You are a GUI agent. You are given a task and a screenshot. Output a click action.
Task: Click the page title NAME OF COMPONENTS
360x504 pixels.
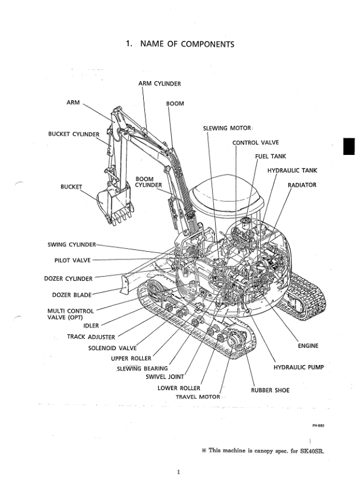[179, 44]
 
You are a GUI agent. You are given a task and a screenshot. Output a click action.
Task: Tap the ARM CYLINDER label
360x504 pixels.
[160, 84]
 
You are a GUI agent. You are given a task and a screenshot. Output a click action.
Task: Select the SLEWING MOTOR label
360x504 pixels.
[227, 128]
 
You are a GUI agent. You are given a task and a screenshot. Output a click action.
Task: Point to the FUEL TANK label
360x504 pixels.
[270, 157]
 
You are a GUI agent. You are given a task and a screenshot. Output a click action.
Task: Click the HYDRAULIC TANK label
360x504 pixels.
[292, 170]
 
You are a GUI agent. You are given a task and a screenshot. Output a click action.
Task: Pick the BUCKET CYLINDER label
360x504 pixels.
[74, 134]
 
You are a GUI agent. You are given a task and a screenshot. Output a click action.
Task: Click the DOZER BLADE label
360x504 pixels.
[69, 294]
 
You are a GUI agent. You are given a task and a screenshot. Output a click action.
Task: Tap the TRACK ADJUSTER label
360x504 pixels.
[91, 337]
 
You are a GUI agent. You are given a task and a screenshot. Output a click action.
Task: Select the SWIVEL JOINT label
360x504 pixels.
[166, 376]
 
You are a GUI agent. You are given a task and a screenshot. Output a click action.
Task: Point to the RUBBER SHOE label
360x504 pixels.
[270, 390]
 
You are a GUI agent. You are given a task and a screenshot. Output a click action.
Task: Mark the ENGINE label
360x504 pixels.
[307, 345]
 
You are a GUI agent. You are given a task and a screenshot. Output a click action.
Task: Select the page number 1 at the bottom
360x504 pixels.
[178, 473]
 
